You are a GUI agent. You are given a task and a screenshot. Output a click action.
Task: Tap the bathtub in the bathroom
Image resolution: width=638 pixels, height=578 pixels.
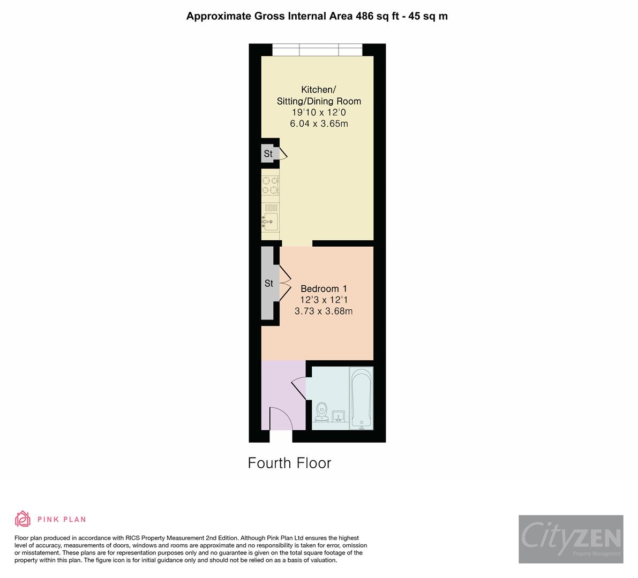coord(361,398)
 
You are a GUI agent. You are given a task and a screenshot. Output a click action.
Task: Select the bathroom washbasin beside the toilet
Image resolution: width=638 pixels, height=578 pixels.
coord(339,416)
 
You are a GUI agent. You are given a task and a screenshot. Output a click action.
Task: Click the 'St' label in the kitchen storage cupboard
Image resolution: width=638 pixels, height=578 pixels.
coord(268,154)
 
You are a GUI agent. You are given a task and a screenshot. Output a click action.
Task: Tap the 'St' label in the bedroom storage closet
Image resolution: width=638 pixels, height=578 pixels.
coord(269,284)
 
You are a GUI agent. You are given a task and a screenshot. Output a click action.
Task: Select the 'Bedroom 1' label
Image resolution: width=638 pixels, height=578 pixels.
coord(324,288)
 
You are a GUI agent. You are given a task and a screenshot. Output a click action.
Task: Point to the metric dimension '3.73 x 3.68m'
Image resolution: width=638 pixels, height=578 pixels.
coord(324,311)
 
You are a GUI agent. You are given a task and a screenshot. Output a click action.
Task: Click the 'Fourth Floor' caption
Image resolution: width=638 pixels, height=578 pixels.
coord(289,463)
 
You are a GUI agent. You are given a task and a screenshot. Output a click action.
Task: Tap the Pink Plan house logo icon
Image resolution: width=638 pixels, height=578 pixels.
coord(22,519)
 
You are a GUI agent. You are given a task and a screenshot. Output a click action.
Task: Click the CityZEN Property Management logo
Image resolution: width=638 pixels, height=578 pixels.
coord(571,539)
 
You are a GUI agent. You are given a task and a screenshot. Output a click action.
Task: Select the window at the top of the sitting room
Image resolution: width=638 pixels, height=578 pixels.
coord(317,50)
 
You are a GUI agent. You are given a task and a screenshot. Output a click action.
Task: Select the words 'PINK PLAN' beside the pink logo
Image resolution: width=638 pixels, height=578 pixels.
coord(62,519)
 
